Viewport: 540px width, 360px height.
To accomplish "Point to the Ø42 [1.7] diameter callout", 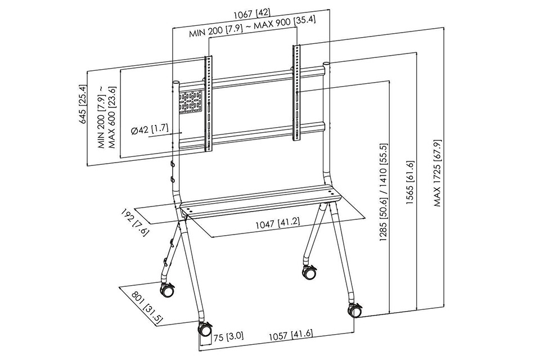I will pyautogui.click(x=150, y=129).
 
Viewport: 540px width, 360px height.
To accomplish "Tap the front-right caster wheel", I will pyautogui.click(x=354, y=310).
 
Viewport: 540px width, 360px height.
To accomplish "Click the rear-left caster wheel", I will pyautogui.click(x=167, y=291).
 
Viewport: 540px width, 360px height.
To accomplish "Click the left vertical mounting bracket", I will pyautogui.click(x=209, y=104).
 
